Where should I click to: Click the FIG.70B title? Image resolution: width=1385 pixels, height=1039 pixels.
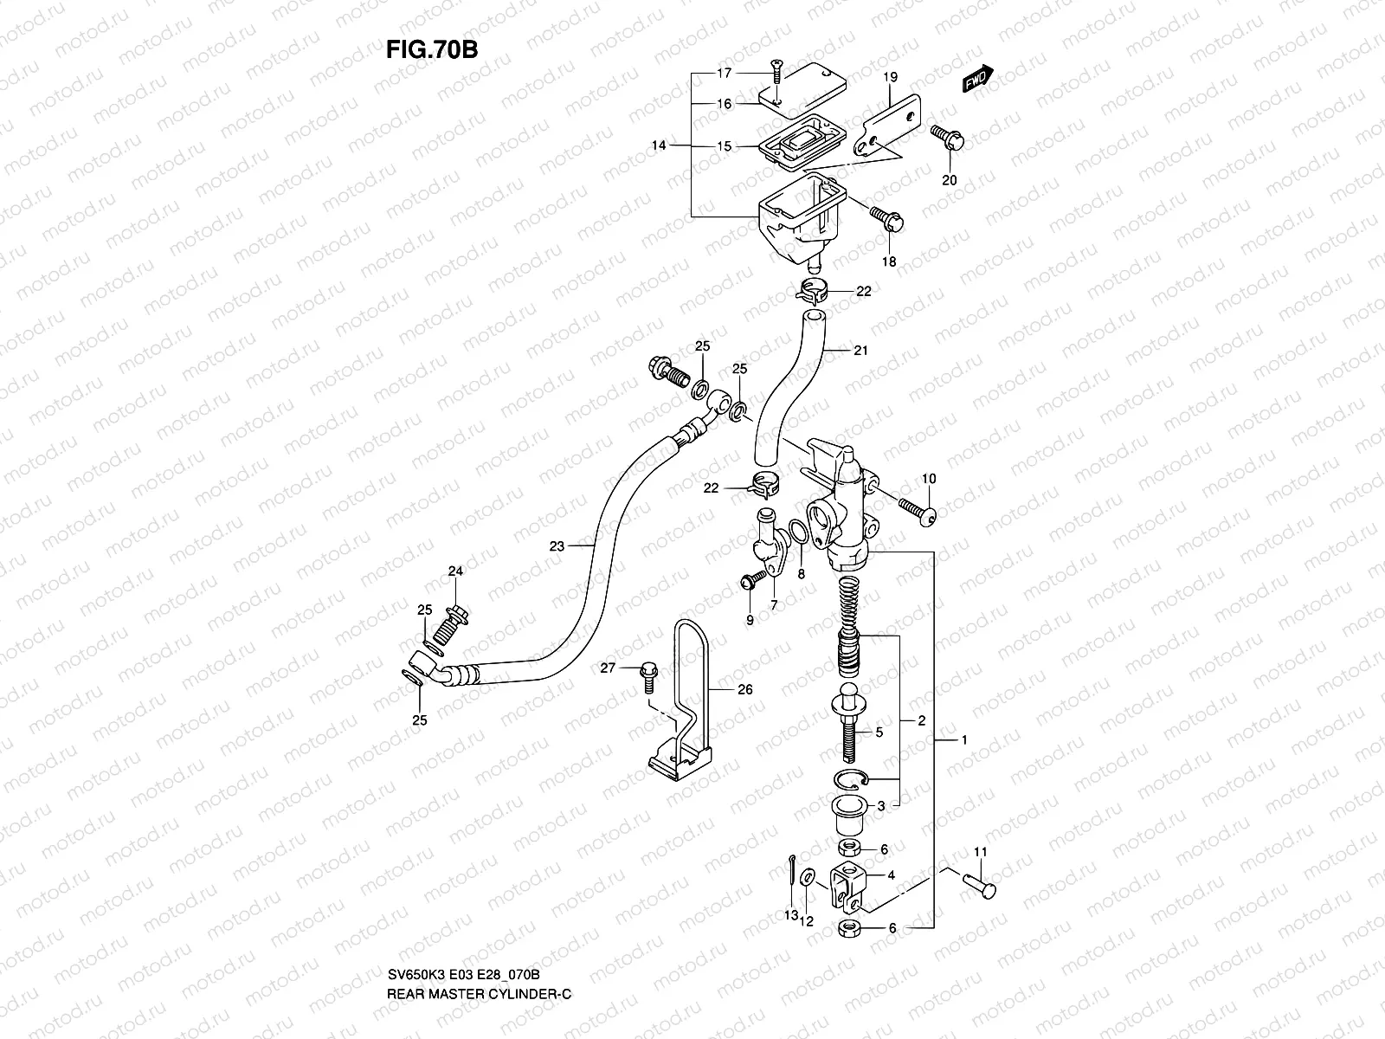tap(432, 49)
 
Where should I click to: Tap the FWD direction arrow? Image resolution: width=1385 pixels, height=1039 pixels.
tap(979, 80)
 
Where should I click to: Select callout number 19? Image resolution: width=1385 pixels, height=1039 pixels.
tap(889, 77)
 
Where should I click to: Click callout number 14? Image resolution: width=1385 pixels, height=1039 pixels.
tap(660, 146)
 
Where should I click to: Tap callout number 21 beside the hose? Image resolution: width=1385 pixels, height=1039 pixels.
tap(860, 351)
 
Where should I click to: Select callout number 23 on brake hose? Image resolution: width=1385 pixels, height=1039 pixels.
tap(557, 546)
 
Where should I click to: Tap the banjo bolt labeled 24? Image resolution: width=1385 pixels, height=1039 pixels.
tap(453, 621)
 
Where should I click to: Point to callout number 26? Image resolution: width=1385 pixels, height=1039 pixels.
tap(745, 690)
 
